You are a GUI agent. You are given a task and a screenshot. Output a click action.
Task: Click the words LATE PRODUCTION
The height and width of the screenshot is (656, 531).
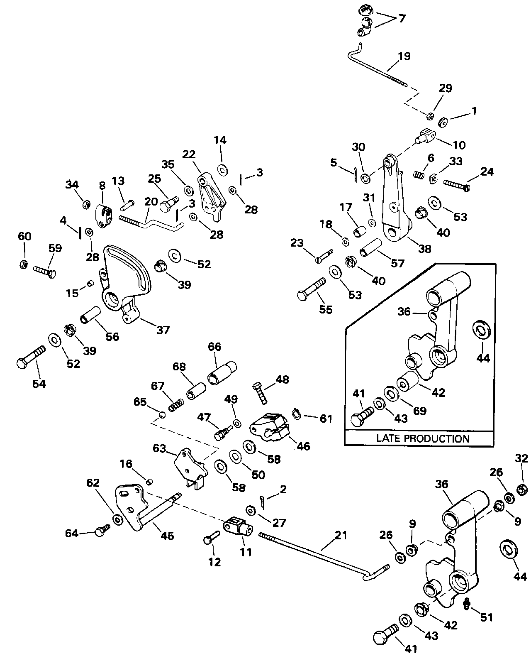click(x=423, y=439)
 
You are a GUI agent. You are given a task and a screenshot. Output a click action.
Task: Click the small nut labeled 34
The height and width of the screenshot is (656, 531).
click(x=87, y=204)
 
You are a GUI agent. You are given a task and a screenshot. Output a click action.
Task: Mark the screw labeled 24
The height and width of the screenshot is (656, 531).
click(x=456, y=184)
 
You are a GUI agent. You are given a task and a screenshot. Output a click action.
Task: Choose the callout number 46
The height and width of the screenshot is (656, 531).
click(x=303, y=446)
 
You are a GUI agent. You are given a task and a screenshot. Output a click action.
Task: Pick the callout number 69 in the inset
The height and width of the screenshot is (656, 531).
click(x=420, y=411)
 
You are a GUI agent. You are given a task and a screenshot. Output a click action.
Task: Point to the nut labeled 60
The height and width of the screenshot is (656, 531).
click(x=24, y=264)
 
